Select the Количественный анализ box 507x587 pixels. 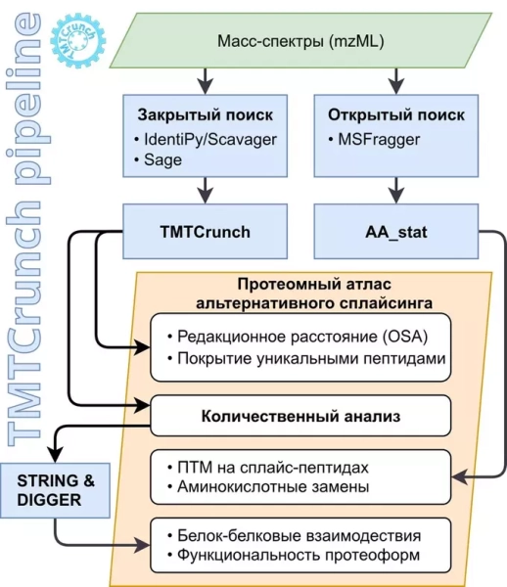300,415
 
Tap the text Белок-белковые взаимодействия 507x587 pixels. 298,536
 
